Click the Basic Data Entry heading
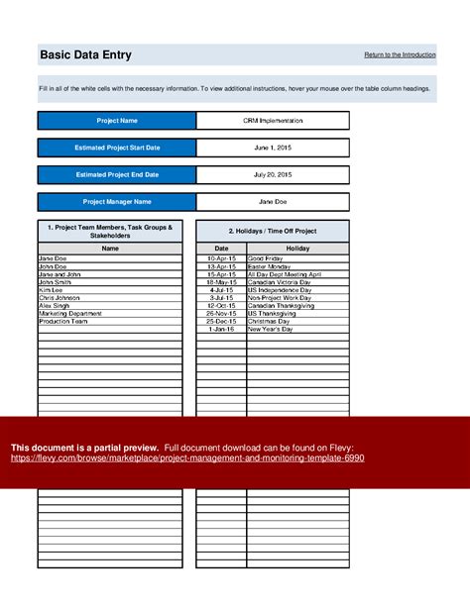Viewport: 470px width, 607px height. coord(84,55)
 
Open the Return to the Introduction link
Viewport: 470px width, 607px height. coord(400,53)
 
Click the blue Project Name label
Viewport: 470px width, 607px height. coord(117,121)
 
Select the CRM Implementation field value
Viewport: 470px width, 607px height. coord(273,121)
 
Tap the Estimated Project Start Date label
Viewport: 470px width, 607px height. coord(117,148)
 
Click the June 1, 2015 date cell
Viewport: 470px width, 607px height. coord(273,148)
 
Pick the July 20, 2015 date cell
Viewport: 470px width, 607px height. coord(273,174)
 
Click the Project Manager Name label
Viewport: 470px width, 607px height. coord(117,201)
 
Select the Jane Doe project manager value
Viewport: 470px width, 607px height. coord(273,201)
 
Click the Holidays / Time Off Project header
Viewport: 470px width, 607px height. coord(273,230)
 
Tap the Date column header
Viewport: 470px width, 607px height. coord(221,249)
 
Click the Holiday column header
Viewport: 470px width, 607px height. coord(297,249)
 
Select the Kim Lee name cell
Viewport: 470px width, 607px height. coord(52,288)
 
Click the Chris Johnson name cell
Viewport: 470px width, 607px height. coord(59,297)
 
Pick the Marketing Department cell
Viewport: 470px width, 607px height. coord(67,313)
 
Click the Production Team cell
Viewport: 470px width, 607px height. coord(61,321)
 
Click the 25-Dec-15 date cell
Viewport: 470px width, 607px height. coord(221,321)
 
